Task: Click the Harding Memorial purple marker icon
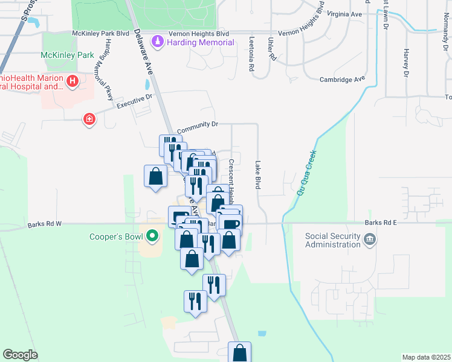click(x=158, y=42)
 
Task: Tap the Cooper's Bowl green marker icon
click(x=152, y=236)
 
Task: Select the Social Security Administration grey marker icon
click(x=369, y=241)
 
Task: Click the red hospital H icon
click(x=73, y=80)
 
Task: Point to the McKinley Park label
click(x=65, y=55)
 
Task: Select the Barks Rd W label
click(x=45, y=225)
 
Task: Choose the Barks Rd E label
click(x=381, y=222)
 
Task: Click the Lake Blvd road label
click(x=257, y=176)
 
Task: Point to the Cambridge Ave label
click(x=343, y=79)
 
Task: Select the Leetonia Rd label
click(x=251, y=54)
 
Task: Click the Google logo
click(x=20, y=355)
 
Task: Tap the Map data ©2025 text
click(x=425, y=357)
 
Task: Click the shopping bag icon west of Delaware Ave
click(x=156, y=176)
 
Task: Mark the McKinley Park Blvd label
click(x=101, y=34)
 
